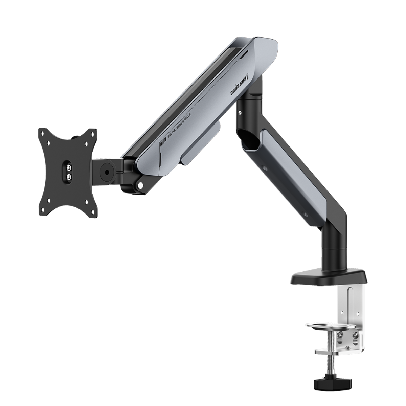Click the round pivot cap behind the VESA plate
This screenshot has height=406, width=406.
tap(107, 172)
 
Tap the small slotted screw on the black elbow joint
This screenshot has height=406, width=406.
tap(240, 112)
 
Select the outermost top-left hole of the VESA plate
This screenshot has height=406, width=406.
tap(42, 133)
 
